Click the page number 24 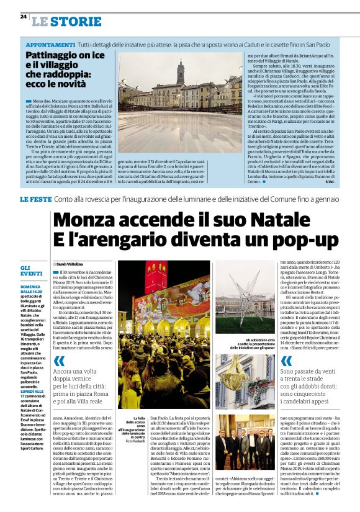(23, 17)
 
